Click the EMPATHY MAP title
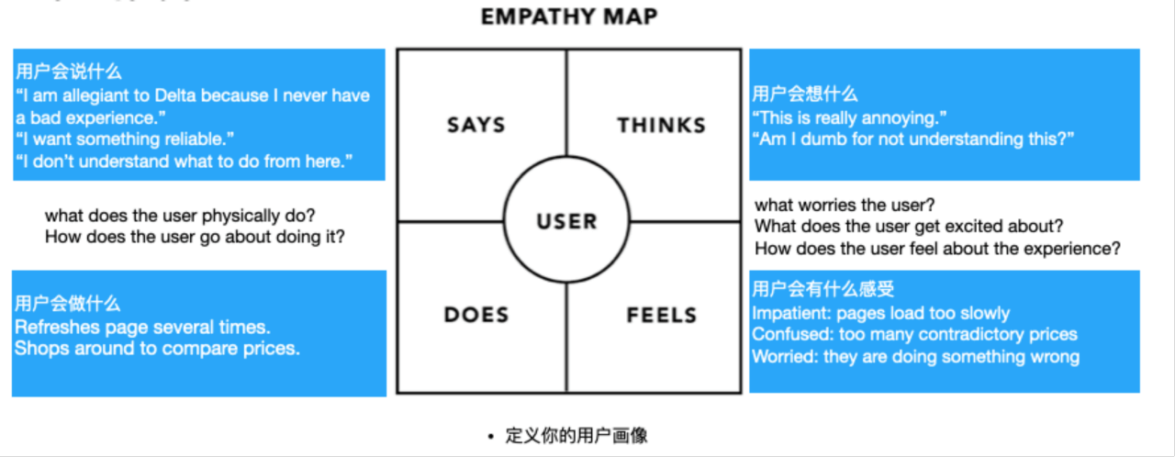[x=569, y=17]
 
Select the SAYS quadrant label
[x=476, y=125]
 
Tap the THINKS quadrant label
[x=661, y=125]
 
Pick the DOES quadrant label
[x=476, y=315]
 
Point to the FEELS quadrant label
[x=661, y=315]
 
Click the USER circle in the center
[x=566, y=221]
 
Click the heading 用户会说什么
[x=69, y=72]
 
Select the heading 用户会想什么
[x=805, y=94]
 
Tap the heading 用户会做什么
[x=68, y=304]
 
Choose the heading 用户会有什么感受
[x=822, y=290]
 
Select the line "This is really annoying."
[x=849, y=117]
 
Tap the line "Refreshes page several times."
[x=142, y=327]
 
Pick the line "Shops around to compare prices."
[x=157, y=349]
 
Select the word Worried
[x=783, y=357]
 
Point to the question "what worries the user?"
[x=845, y=205]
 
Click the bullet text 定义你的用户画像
[x=576, y=435]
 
